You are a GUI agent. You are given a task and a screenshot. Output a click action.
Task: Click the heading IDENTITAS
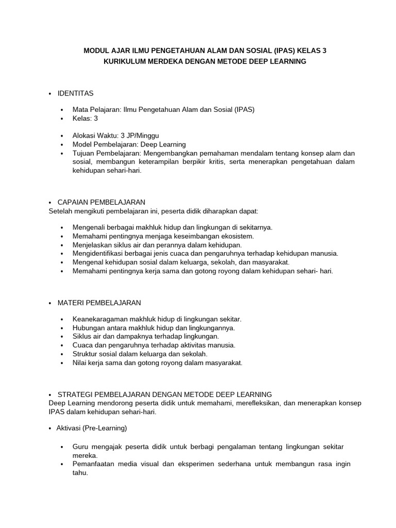pyautogui.click(x=75, y=93)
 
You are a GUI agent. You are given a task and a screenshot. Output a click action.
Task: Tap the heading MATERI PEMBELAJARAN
pyautogui.click(x=99, y=302)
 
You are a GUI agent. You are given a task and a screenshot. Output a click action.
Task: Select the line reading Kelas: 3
pyautogui.click(x=86, y=118)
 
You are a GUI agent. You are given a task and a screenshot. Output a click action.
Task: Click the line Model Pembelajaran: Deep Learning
pyautogui.click(x=129, y=144)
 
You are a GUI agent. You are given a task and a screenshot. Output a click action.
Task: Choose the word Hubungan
pyautogui.click(x=89, y=327)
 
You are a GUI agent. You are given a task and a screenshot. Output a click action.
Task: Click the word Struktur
pyautogui.click(x=86, y=354)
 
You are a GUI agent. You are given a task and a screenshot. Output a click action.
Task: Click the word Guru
pyautogui.click(x=81, y=446)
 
